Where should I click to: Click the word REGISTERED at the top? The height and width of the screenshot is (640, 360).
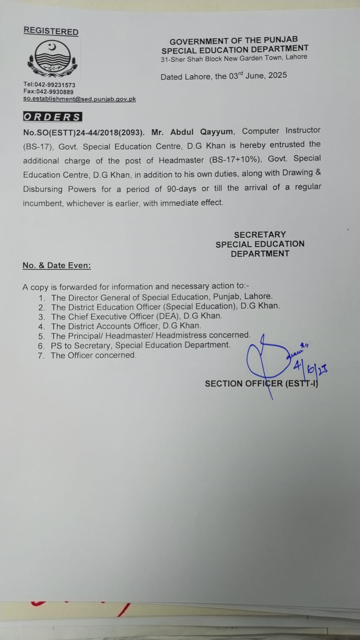click(51, 31)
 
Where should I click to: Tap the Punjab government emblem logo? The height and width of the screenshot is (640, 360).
click(52, 59)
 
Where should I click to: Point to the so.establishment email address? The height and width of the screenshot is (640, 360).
click(79, 99)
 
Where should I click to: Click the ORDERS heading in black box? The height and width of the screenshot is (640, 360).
click(52, 117)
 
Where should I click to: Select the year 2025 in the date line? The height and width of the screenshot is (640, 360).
click(278, 75)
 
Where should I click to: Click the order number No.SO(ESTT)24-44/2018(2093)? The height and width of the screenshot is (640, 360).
click(84, 132)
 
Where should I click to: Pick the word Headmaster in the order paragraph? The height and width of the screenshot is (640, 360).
click(181, 160)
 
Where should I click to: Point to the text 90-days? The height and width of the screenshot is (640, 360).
click(181, 189)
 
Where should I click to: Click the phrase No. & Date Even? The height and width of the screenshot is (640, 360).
click(56, 265)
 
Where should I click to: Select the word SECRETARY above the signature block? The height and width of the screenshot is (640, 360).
click(260, 235)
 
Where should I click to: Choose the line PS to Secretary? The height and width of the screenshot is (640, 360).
click(140, 345)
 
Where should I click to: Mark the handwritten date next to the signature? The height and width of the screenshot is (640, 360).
click(310, 367)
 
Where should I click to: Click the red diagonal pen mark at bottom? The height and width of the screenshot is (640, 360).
click(125, 610)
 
